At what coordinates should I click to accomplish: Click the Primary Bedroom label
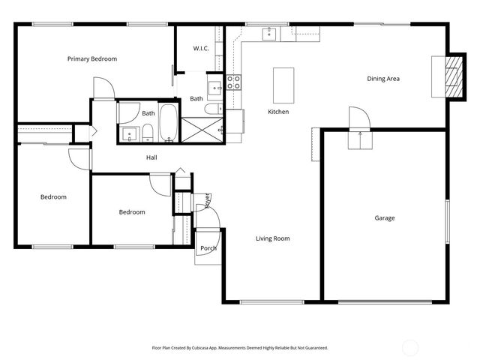pos(92,58)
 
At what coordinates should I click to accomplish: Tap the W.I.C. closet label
pos(200,49)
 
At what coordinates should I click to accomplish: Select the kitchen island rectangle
pos(283,85)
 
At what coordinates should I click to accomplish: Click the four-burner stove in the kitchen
pos(234,82)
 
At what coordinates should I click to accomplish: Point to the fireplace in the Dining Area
pos(453,76)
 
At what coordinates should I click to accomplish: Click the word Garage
pos(385,218)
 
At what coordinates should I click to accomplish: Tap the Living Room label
pos(272,238)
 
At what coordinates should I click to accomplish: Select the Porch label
pos(208,248)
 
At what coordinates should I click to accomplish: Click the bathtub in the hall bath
pos(169,122)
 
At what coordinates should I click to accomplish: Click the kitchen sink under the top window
pos(268,33)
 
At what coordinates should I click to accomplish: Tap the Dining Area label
pos(382,79)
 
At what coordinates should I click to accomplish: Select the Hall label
pos(151,157)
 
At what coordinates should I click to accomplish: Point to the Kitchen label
pos(278,112)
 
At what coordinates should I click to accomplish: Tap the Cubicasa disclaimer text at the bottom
pos(240,347)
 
